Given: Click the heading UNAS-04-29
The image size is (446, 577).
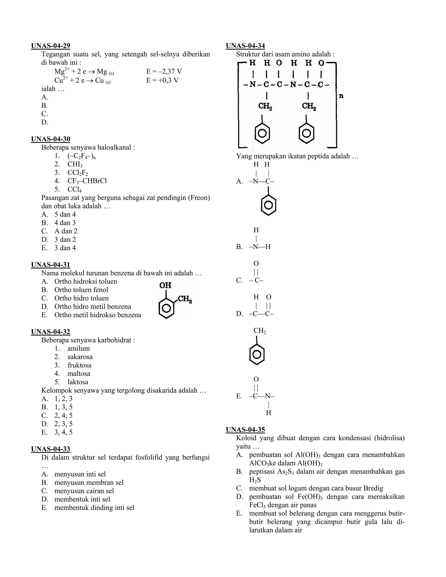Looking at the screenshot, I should point(51,46).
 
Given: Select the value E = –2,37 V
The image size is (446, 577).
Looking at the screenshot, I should point(164,71).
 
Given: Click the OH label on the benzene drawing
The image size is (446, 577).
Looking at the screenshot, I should point(166,285).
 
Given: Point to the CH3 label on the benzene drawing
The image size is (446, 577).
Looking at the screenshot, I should point(184,300).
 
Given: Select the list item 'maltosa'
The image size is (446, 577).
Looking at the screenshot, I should point(79,374).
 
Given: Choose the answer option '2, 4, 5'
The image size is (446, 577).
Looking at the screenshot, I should point(63,415).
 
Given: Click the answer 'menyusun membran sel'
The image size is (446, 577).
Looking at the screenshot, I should point(89,483).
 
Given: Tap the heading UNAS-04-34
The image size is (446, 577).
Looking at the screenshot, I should point(245,46).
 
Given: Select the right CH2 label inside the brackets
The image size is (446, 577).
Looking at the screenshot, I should point(309,106).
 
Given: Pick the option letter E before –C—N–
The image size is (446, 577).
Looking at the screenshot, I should point(239,396).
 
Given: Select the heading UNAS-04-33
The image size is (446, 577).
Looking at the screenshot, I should point(51,449).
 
